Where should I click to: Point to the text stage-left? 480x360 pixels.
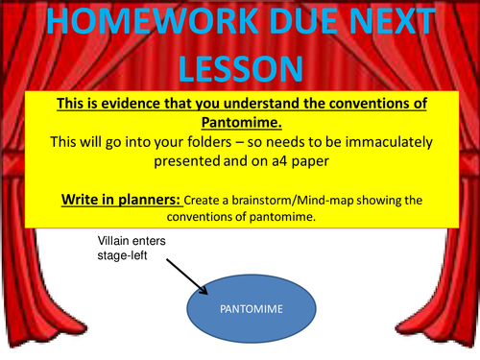(122, 258)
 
